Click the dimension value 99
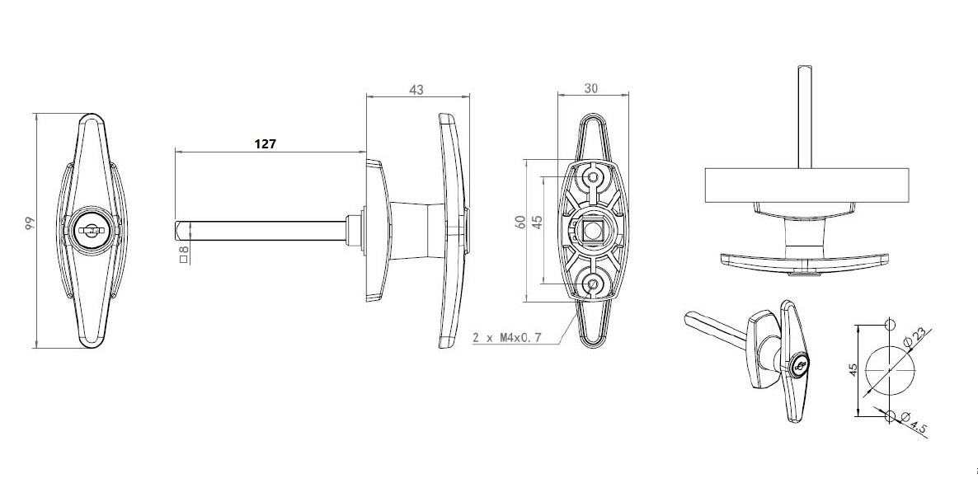pos(30,224)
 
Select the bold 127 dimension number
pos(265,144)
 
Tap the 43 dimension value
pos(416,90)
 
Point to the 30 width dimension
pos(591,88)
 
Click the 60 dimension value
pos(520,223)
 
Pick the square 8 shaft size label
pos(183,255)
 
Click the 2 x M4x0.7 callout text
pos(507,338)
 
